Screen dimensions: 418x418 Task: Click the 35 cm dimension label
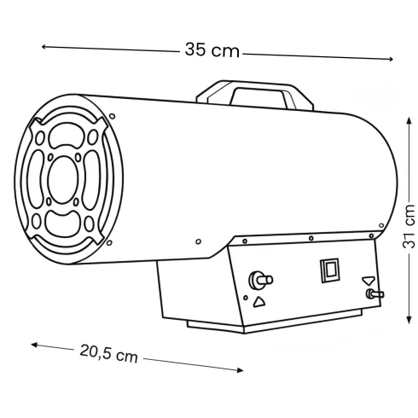click(212, 50)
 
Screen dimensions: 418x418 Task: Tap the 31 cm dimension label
click(409, 227)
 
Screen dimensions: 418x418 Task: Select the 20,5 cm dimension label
click(108, 353)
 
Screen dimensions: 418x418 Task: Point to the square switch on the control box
click(330, 270)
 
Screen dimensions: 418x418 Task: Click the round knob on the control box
click(260, 281)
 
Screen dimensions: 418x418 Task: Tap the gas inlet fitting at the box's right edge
click(374, 294)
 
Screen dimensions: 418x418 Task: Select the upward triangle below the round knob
click(258, 302)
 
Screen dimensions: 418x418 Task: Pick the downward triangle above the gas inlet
click(369, 281)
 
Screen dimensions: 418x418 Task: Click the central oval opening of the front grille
click(63, 180)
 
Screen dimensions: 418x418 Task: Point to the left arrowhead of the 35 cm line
click(44, 47)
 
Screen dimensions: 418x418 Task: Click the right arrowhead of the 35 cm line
click(391, 59)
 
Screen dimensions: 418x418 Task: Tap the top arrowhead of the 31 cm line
click(409, 120)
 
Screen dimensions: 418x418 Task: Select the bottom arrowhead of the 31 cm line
click(409, 320)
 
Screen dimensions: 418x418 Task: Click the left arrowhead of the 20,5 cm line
click(34, 345)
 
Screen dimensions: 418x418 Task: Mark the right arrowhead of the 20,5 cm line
click(240, 370)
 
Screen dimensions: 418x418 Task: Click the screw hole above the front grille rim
click(113, 116)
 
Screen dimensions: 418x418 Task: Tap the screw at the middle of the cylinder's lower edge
click(199, 241)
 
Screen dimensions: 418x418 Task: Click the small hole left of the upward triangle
click(246, 298)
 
